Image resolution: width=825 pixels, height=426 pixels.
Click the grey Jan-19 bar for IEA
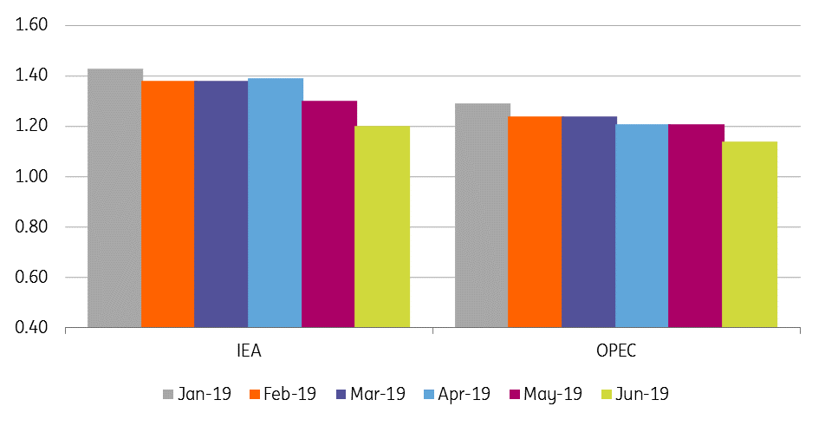click(x=114, y=198)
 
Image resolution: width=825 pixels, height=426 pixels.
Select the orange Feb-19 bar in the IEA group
click(x=168, y=204)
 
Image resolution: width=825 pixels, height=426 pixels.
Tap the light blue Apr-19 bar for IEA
click(x=276, y=203)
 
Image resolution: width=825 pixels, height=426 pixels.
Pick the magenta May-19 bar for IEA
click(x=329, y=214)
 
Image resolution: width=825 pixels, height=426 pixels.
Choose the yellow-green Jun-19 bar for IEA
click(x=382, y=227)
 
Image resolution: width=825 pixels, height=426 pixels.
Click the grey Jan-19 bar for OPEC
click(x=482, y=215)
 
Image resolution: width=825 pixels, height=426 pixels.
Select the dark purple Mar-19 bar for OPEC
click(x=589, y=222)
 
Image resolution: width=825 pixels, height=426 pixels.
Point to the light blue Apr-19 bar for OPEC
click(x=642, y=226)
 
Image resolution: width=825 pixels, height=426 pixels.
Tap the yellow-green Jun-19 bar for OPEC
click(x=750, y=234)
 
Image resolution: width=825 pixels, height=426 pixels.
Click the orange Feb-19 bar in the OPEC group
click(x=535, y=222)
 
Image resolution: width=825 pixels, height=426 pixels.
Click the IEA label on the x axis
click(x=249, y=351)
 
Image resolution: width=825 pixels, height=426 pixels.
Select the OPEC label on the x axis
click(x=616, y=351)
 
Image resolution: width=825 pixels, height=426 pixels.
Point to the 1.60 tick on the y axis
click(x=32, y=25)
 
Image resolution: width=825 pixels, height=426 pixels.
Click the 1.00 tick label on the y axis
click(x=32, y=176)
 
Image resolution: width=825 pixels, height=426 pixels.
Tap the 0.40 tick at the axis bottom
click(x=32, y=328)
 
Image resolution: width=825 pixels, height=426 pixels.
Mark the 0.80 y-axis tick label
click(x=32, y=227)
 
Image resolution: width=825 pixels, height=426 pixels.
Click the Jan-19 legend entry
click(x=197, y=394)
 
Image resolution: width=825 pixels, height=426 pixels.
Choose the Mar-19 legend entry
click(x=370, y=394)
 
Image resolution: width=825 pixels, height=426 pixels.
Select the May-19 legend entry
click(x=546, y=395)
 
